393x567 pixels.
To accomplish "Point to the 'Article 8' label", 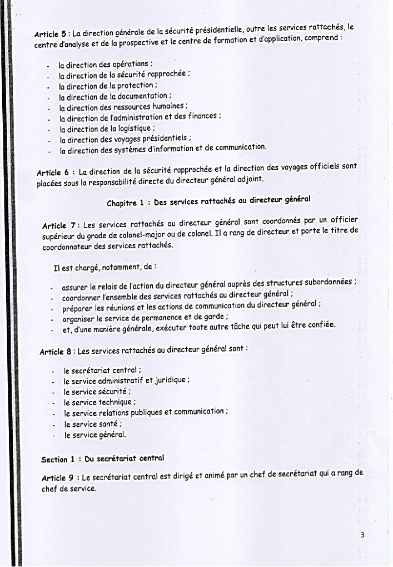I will [x=57, y=352].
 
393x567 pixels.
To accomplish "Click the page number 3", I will [x=362, y=535].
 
